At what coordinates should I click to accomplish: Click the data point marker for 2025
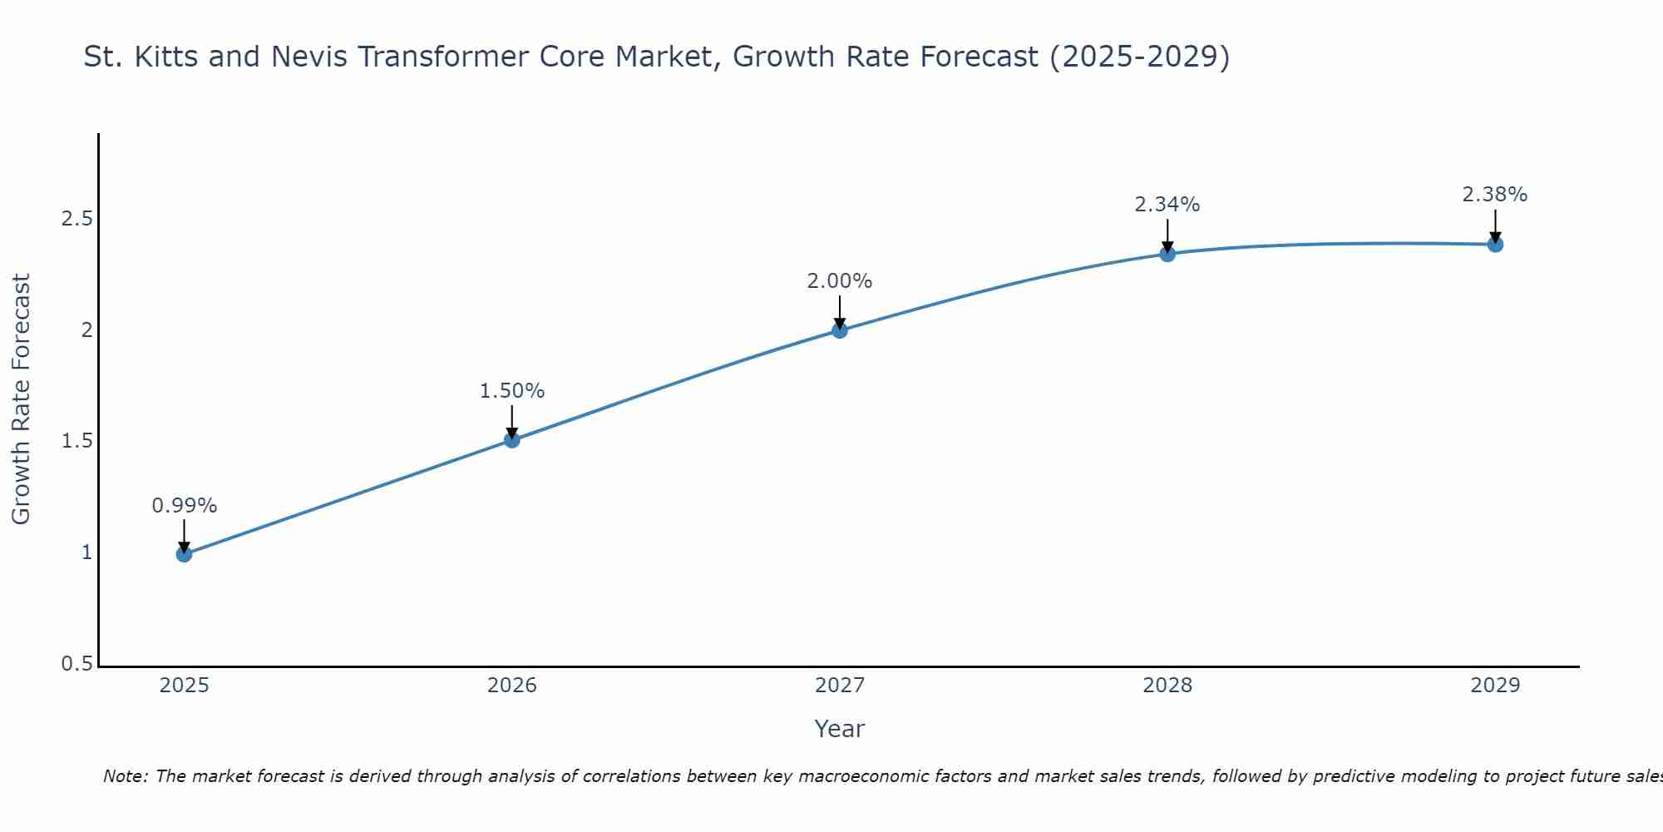click(x=185, y=554)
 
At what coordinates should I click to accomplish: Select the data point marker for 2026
click(x=512, y=440)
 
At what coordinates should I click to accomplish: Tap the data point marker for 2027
click(x=840, y=330)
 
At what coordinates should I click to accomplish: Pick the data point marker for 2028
click(x=1167, y=254)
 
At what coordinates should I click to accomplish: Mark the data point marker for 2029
click(x=1495, y=245)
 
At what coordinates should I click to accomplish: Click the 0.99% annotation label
click(x=185, y=506)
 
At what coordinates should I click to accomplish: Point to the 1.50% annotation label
click(x=512, y=391)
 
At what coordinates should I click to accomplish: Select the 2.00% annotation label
click(x=840, y=281)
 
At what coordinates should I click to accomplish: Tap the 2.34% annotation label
click(x=1167, y=205)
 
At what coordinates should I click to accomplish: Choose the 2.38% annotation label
click(x=1495, y=195)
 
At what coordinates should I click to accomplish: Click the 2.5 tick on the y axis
click(x=76, y=220)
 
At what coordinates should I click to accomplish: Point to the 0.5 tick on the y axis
click(x=76, y=664)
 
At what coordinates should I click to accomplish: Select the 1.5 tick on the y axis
click(x=76, y=442)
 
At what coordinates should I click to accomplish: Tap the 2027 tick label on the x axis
click(x=840, y=686)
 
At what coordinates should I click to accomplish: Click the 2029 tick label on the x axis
click(x=1495, y=686)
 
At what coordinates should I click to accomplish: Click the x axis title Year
click(x=840, y=729)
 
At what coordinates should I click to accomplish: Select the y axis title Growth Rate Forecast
click(x=22, y=399)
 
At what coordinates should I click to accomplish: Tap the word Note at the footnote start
click(x=125, y=776)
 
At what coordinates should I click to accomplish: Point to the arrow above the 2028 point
click(x=1167, y=235)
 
